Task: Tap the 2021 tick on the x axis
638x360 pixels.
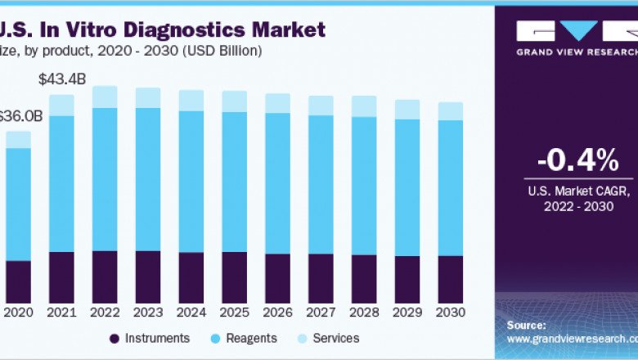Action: (61, 312)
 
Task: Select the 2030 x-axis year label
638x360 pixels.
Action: (450, 312)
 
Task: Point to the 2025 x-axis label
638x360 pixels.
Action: (234, 312)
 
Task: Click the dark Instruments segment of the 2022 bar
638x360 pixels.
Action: (105, 276)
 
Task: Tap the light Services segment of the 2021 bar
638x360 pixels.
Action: (61, 105)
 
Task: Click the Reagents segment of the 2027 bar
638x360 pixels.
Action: (321, 184)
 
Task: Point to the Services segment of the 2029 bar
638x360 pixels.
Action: (407, 110)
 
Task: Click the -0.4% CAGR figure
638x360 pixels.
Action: (578, 161)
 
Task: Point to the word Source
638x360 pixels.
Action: (526, 325)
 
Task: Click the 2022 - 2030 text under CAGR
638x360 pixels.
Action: (578, 208)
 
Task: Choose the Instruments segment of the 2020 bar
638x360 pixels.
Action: (18, 281)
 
